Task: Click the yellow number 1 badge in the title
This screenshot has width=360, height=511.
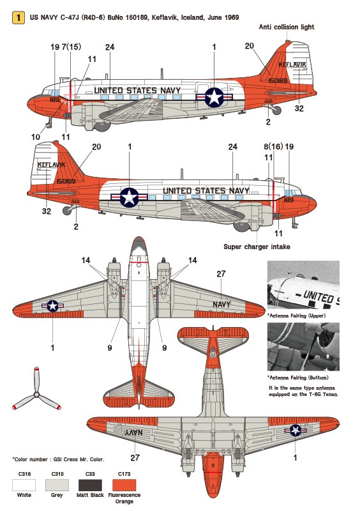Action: pyautogui.click(x=19, y=18)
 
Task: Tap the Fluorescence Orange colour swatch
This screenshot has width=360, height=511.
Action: pyautogui.click(x=124, y=485)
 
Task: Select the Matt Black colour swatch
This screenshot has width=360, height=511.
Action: pyautogui.click(x=90, y=485)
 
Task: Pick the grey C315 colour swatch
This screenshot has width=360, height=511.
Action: pyautogui.click(x=57, y=485)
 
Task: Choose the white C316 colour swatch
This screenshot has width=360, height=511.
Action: pyautogui.click(x=24, y=485)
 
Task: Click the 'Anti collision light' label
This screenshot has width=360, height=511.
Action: pyautogui.click(x=287, y=27)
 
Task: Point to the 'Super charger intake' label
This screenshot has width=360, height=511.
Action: pyautogui.click(x=257, y=247)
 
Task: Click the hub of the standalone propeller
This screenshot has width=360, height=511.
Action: pyautogui.click(x=36, y=395)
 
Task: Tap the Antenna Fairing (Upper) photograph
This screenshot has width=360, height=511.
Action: pyautogui.click(x=303, y=285)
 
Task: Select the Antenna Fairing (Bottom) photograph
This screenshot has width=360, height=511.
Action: pyautogui.click(x=303, y=347)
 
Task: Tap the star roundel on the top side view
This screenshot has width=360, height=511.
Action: pyautogui.click(x=214, y=97)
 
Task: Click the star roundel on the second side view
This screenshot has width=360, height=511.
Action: pyautogui.click(x=130, y=197)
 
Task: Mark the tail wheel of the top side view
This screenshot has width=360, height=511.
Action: pyautogui.click(x=277, y=111)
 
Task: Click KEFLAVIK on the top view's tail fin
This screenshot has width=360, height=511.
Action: pyautogui.click(x=292, y=65)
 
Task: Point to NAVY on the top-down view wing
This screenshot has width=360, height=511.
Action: pyautogui.click(x=221, y=305)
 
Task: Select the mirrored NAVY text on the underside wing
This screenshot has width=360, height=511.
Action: pyautogui.click(x=134, y=432)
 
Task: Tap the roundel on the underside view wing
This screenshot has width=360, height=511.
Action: pyautogui.click(x=296, y=430)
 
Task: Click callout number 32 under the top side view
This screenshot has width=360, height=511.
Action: pyautogui.click(x=299, y=108)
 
